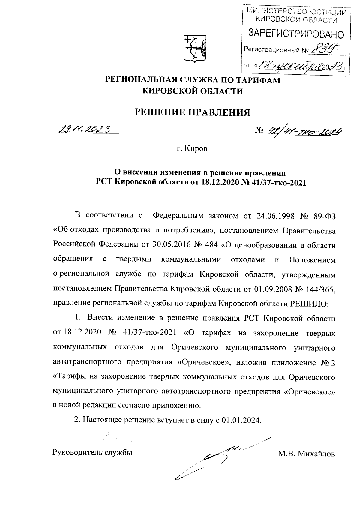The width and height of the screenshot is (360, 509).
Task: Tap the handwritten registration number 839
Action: [x=325, y=48]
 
